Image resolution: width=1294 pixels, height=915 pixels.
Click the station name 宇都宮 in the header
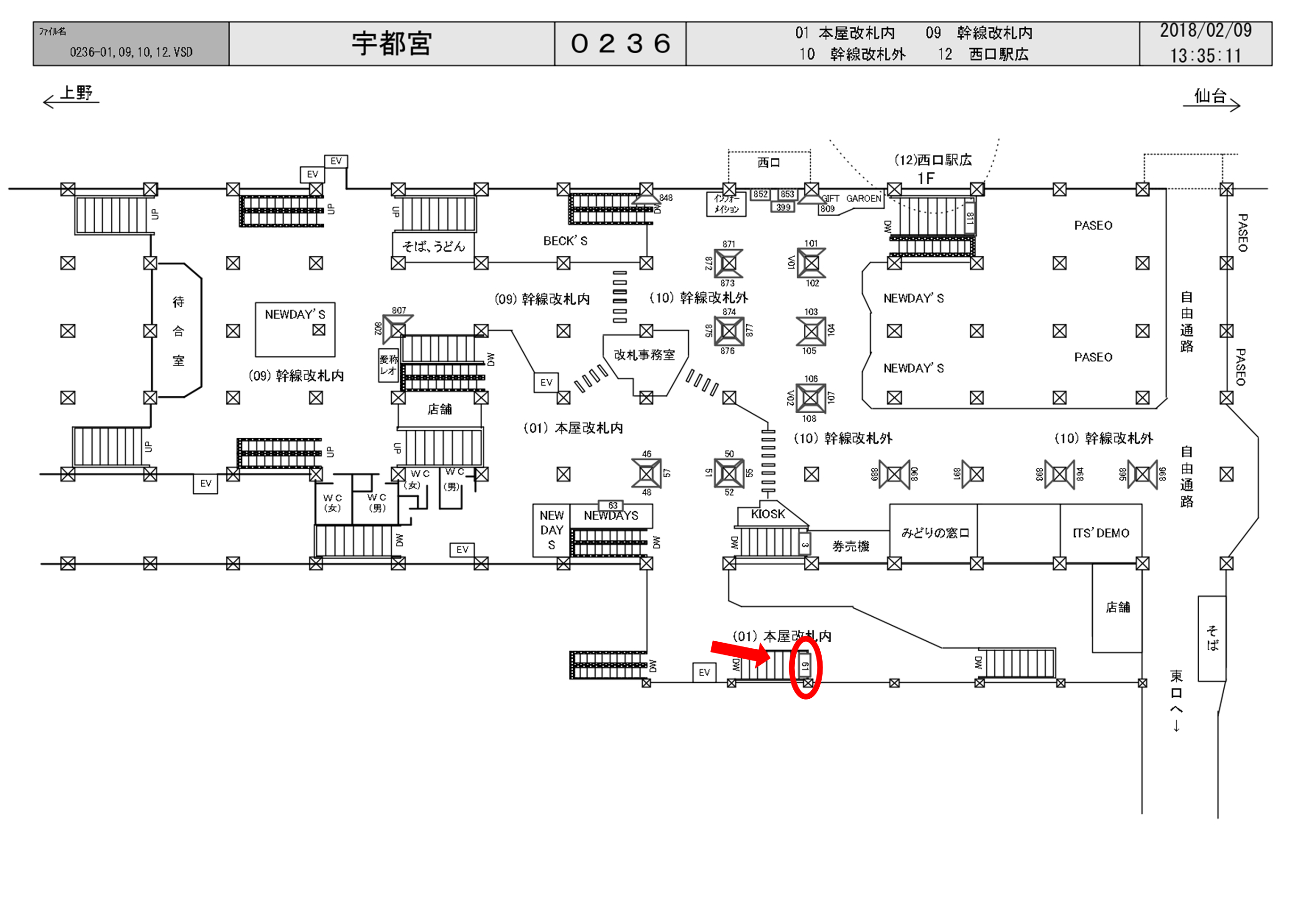point(392,43)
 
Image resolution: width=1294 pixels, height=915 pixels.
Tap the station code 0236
point(620,43)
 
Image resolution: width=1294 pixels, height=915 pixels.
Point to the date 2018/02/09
point(1205,31)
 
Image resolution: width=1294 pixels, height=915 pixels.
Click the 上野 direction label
point(76,93)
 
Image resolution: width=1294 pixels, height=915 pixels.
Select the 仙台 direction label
point(1210,96)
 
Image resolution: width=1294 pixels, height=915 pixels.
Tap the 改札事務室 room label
point(644,355)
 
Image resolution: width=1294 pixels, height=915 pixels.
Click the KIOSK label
point(767,514)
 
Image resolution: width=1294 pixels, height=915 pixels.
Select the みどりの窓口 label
point(935,533)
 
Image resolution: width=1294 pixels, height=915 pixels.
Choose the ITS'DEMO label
point(1101,533)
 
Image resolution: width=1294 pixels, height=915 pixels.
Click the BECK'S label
point(565,241)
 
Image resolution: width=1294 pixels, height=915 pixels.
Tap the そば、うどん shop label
point(433,246)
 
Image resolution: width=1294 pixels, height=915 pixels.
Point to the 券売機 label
point(850,546)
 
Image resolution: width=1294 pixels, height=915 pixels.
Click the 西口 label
point(769,163)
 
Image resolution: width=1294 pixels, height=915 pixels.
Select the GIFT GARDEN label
point(851,198)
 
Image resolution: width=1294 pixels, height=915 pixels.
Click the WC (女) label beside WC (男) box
point(332,503)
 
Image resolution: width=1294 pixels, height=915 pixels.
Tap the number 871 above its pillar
point(729,244)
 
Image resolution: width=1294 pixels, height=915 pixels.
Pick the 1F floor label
point(925,179)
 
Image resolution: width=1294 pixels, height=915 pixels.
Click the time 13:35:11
point(1205,56)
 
